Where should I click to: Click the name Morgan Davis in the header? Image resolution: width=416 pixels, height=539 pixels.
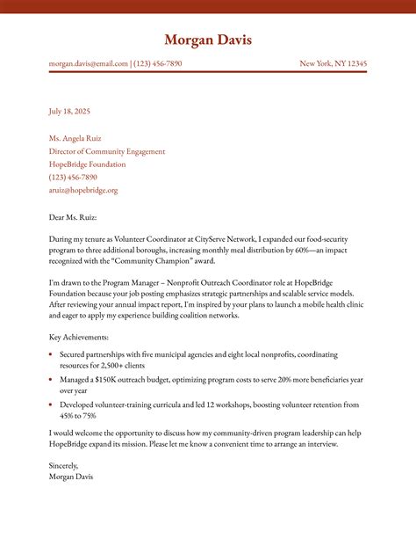208,40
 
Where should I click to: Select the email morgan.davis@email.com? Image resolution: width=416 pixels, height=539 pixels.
88,63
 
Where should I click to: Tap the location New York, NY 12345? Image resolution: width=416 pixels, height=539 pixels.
333,63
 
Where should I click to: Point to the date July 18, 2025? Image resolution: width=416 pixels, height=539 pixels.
69,112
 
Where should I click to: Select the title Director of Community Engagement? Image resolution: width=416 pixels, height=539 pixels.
106,151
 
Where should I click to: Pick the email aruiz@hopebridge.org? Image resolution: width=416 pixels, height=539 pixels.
82,190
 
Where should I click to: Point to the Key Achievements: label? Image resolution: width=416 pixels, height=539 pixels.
79,337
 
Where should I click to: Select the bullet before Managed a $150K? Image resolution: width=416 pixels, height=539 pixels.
51,379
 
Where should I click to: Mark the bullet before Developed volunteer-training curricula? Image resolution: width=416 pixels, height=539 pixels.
51,404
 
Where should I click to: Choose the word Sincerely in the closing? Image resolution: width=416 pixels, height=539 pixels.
64,465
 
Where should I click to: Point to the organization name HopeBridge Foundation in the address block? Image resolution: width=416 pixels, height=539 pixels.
87,164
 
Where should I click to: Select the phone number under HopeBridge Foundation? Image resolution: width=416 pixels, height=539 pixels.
73,177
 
